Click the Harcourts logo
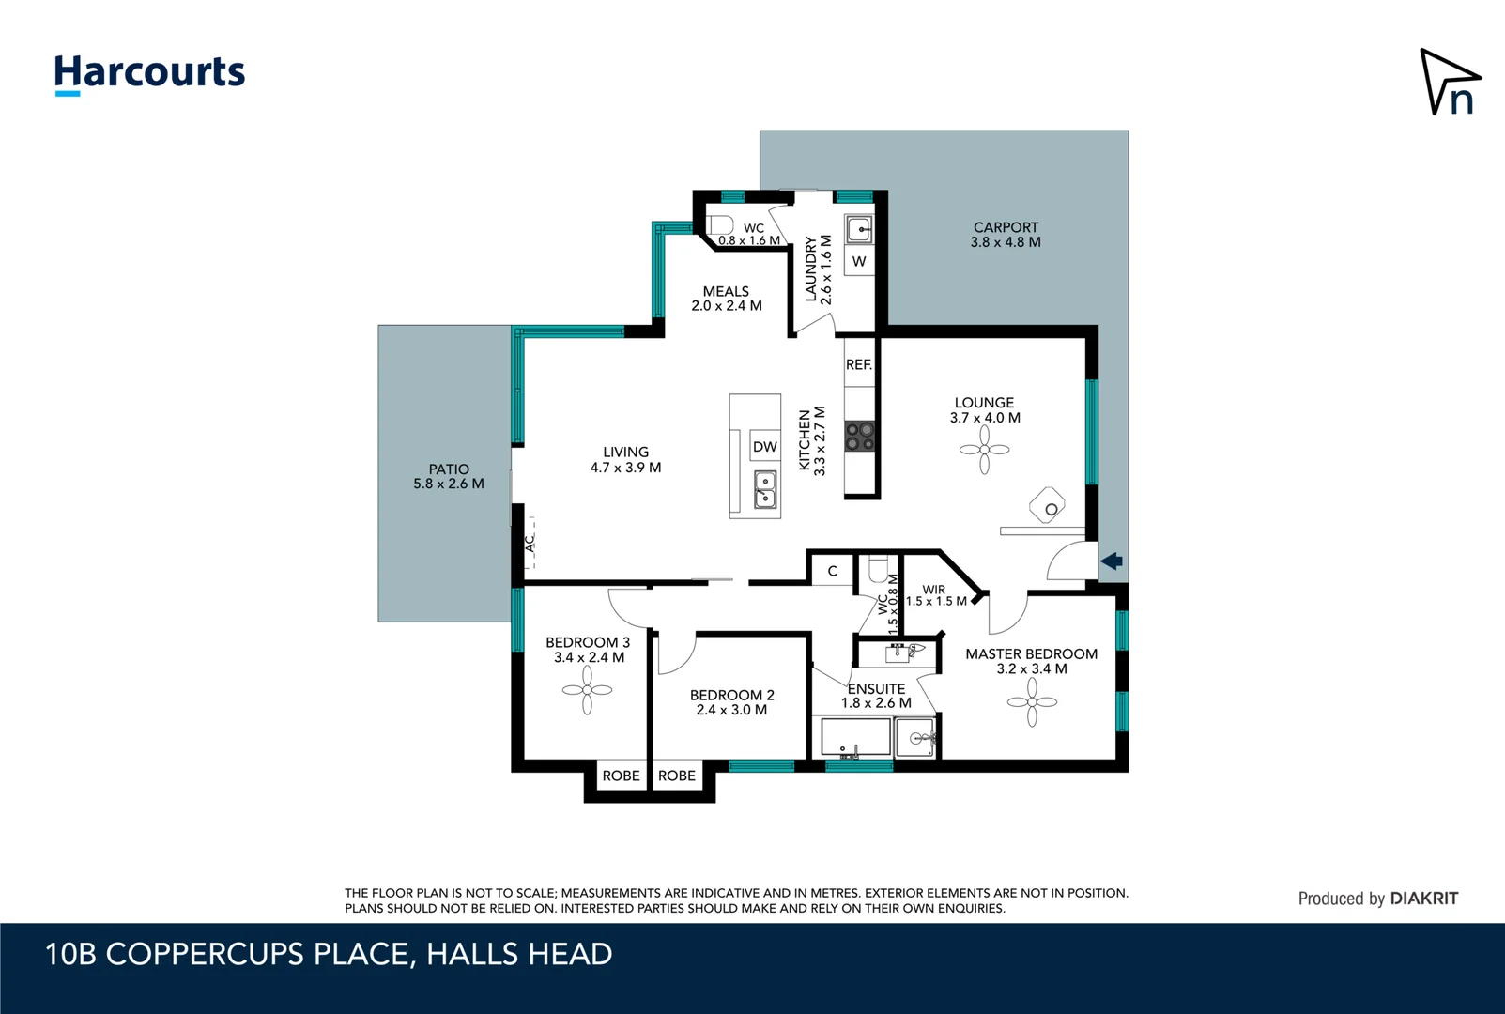click(x=149, y=74)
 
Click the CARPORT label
click(x=1006, y=235)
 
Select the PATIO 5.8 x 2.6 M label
click(x=449, y=476)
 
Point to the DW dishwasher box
click(x=765, y=447)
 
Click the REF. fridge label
click(x=859, y=364)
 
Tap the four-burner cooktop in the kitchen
click(x=860, y=437)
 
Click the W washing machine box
click(x=859, y=261)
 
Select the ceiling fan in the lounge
click(x=984, y=450)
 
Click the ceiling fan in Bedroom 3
click(x=587, y=690)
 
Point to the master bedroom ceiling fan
click(x=1032, y=702)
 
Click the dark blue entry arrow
click(x=1112, y=561)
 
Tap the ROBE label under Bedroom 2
click(x=677, y=776)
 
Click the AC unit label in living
click(x=530, y=544)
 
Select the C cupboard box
click(x=832, y=571)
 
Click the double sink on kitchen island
click(x=766, y=489)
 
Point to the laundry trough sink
click(x=859, y=228)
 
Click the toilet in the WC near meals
click(x=720, y=225)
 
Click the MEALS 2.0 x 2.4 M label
click(x=727, y=299)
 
